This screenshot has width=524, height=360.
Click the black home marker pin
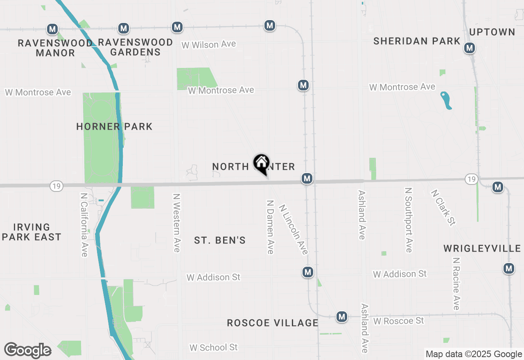(261, 164)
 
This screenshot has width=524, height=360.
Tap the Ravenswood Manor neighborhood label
(55, 47)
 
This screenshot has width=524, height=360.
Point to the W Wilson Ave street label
(209, 44)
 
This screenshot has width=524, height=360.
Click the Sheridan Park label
(417, 41)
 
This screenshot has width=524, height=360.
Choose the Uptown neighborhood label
(492, 32)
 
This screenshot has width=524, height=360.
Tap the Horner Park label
(114, 126)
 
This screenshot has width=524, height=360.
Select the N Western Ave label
(176, 223)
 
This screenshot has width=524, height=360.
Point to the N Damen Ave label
(270, 227)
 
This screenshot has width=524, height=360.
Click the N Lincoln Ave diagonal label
(293, 229)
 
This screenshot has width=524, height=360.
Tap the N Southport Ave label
(408, 220)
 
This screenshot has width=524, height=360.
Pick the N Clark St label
(443, 207)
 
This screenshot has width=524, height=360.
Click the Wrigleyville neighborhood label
(482, 248)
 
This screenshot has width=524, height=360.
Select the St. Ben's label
(220, 240)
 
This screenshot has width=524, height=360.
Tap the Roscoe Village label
(273, 323)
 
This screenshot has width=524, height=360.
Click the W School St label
(213, 347)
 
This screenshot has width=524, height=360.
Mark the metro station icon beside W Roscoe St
(342, 317)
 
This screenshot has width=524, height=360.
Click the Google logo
(28, 350)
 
